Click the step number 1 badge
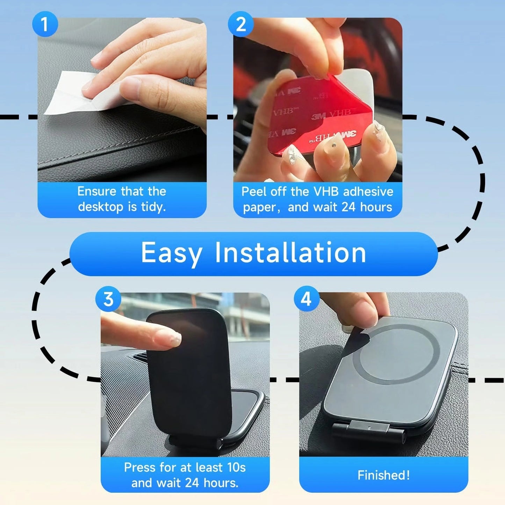tap(44, 24)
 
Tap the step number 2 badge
tap(240, 24)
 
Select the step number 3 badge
tap(108, 300)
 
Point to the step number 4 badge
tap(306, 299)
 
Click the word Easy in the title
tap(171, 253)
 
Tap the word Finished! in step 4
tap(383, 475)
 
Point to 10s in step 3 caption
tap(236, 467)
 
